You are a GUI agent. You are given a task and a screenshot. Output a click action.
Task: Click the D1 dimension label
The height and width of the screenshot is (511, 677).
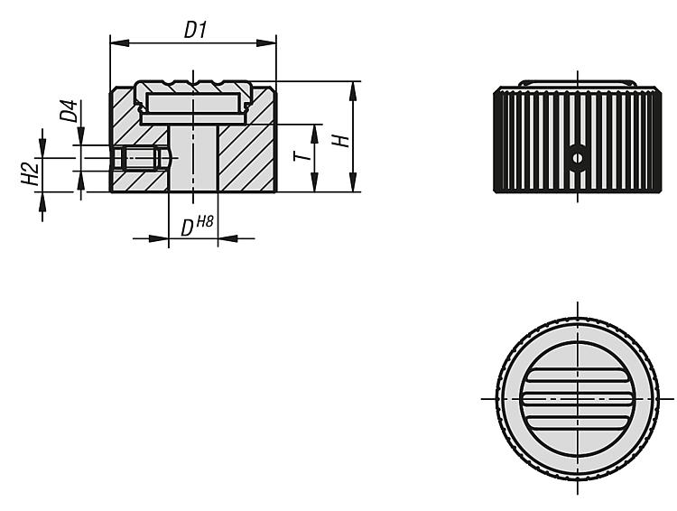click(x=196, y=30)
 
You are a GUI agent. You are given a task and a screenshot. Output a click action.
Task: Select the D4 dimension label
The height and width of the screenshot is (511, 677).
click(x=69, y=110)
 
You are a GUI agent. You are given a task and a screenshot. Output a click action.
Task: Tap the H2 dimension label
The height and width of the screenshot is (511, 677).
click(x=30, y=173)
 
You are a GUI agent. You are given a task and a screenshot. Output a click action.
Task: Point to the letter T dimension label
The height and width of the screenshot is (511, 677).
click(x=302, y=156)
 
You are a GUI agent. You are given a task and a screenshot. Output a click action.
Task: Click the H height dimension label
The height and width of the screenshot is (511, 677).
click(x=340, y=141)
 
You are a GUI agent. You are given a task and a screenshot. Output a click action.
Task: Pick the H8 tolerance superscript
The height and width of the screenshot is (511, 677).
click(x=205, y=222)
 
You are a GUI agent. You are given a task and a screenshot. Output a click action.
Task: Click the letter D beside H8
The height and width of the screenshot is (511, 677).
click(x=187, y=228)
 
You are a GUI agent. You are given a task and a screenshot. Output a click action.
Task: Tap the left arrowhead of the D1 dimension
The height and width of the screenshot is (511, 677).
click(x=120, y=42)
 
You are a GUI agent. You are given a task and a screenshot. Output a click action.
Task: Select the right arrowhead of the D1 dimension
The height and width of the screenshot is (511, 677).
click(x=266, y=42)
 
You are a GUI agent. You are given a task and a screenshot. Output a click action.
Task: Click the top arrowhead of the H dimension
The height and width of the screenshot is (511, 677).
click(x=353, y=90)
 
